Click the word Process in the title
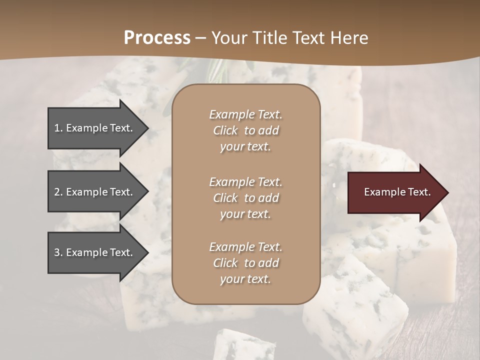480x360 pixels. click(157, 38)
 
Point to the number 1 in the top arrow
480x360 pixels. click(57, 128)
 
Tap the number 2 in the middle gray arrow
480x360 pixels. click(57, 192)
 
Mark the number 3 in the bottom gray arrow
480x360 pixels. click(57, 252)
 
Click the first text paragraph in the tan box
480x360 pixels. click(245, 130)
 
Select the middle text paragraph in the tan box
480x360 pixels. click(245, 198)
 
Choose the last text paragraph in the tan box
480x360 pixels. click(245, 263)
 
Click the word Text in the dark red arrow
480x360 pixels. click(420, 192)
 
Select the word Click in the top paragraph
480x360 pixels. click(225, 130)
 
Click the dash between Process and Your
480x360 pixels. click(200, 38)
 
